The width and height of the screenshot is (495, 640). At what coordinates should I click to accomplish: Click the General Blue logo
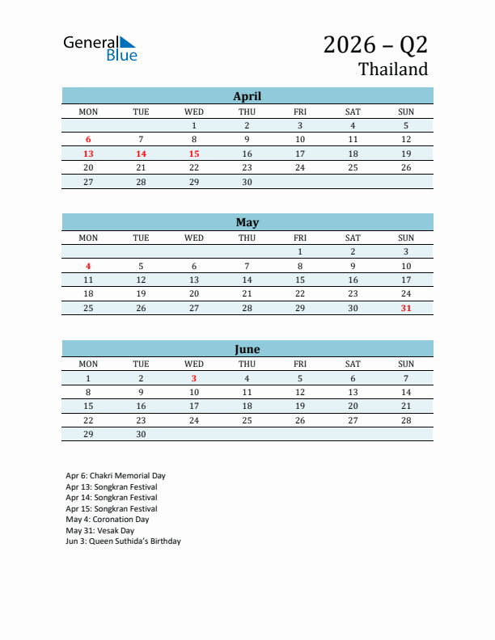pos(100,48)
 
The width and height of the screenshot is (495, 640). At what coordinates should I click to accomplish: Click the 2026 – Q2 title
pos(375,44)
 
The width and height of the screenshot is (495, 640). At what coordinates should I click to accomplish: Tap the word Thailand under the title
pos(393,69)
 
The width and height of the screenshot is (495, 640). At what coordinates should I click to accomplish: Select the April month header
pos(247,96)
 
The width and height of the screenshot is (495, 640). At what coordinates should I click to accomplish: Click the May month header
pos(247,222)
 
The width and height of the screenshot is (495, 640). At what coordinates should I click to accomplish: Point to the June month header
pos(247,349)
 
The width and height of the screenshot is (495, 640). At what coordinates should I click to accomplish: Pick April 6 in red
pos(88,140)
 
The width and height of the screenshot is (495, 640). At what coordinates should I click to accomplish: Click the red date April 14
pos(141,154)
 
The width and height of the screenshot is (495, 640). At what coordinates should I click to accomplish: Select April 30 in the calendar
pos(247,182)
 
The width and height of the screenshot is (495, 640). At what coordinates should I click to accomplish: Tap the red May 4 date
pos(88,266)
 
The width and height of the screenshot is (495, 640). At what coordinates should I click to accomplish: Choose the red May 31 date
pos(406,309)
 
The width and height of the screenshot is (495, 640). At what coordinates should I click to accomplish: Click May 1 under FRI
pos(300,252)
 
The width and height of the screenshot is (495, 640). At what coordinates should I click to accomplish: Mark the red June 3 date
pos(194,378)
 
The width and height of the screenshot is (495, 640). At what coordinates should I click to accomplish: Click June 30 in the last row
pos(141,434)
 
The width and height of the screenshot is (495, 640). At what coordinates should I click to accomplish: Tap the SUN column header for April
pos(406,112)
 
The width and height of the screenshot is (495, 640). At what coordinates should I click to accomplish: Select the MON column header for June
pos(88,364)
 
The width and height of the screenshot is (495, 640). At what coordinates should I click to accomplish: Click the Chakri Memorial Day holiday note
pos(116,476)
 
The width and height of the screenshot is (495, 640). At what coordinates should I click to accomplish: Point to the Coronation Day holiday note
pos(108,520)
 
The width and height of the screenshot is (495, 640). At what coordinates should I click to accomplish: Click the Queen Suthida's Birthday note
pos(123,541)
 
